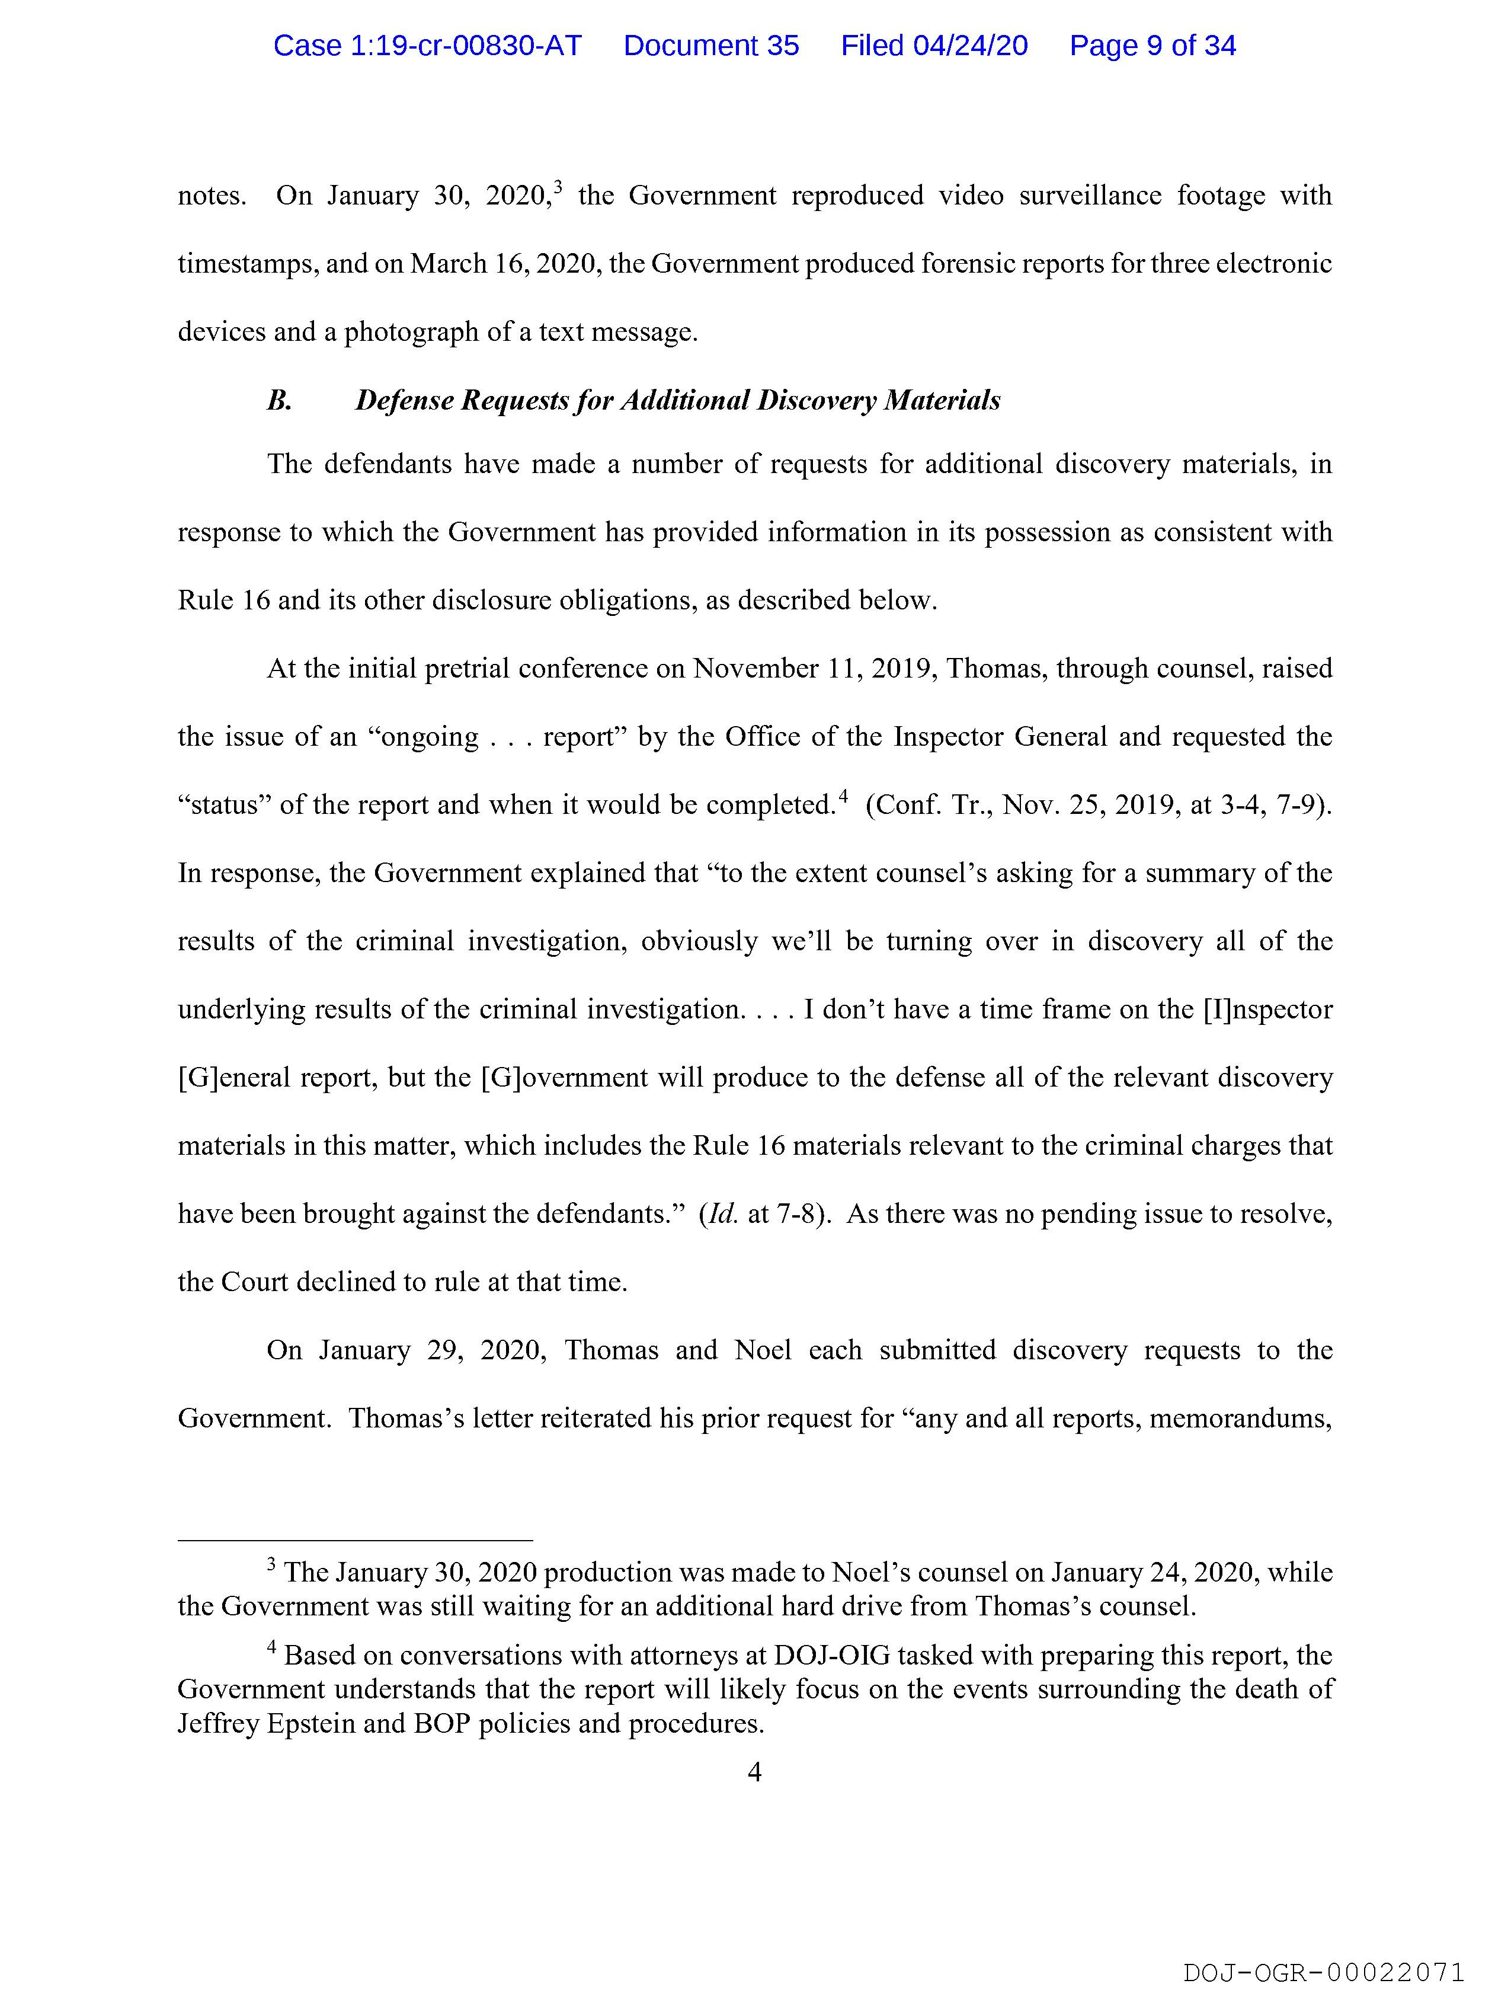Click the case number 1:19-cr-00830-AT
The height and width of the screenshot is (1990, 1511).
pyautogui.click(x=427, y=46)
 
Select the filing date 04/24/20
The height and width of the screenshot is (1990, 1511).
pyautogui.click(x=934, y=46)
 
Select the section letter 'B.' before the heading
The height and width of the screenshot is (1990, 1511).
pyautogui.click(x=280, y=400)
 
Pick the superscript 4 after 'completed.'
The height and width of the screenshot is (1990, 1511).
pyautogui.click(x=844, y=796)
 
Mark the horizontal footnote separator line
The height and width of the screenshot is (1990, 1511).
pyautogui.click(x=356, y=1540)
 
